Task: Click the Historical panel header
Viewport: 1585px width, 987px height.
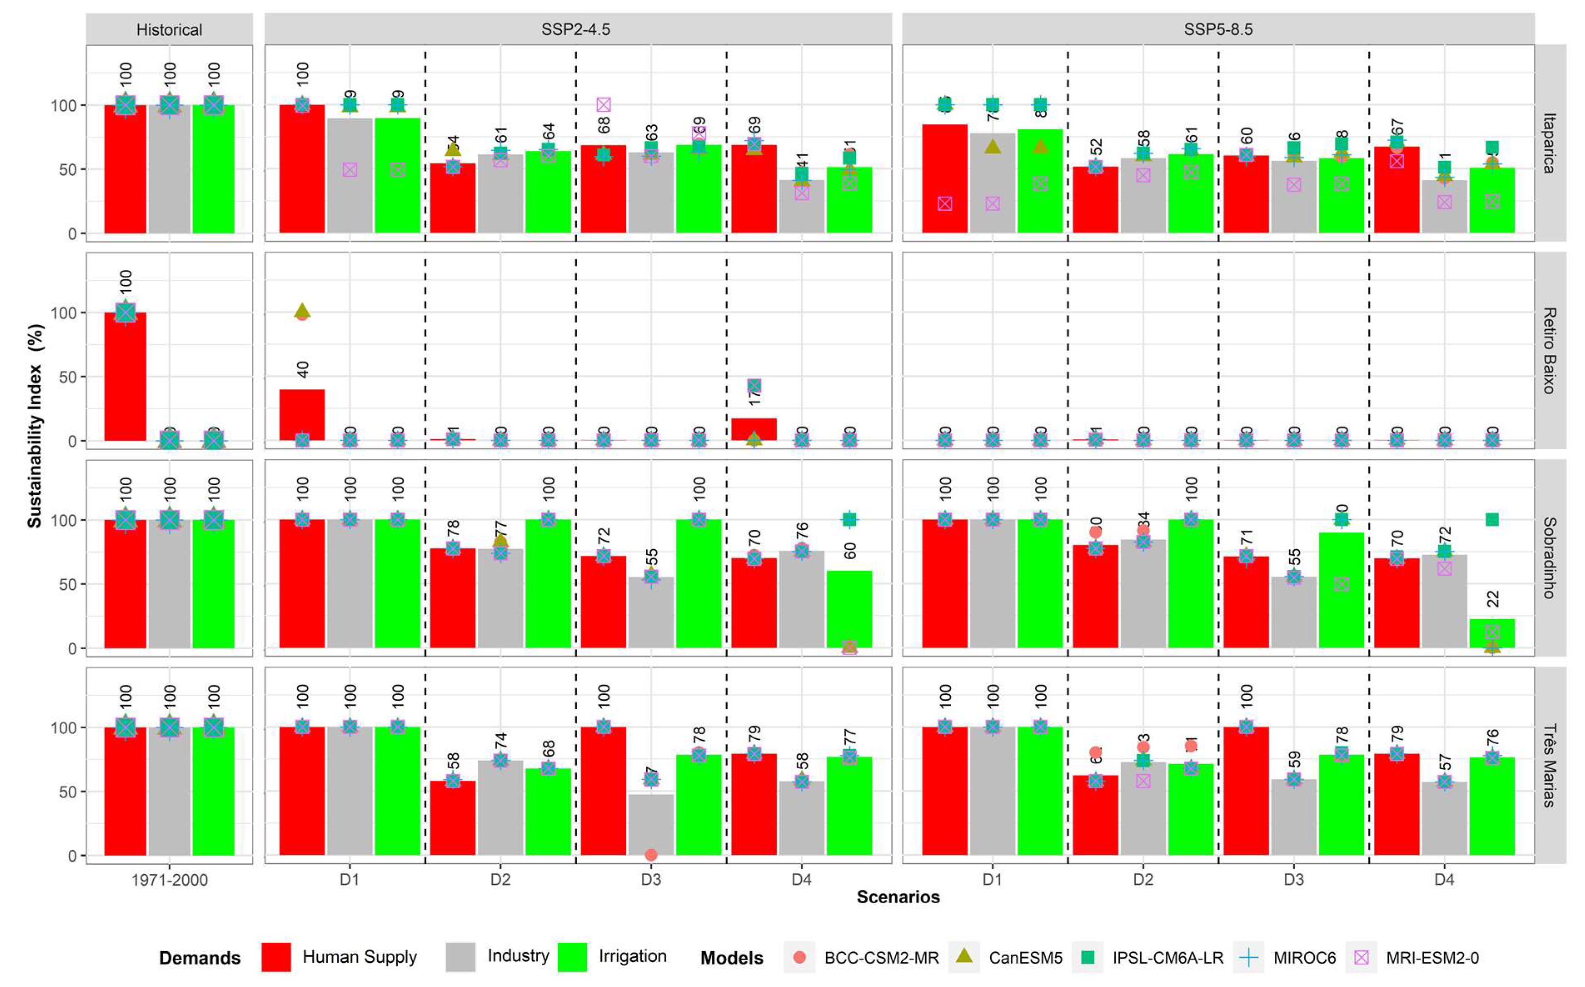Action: (x=169, y=30)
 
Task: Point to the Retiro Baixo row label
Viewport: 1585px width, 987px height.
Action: (x=1549, y=351)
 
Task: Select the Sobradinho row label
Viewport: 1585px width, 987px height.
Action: (x=1549, y=558)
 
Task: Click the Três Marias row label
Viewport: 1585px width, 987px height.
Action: (x=1549, y=765)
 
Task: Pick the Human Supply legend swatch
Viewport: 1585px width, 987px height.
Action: (x=276, y=957)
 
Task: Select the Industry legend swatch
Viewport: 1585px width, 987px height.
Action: (x=460, y=957)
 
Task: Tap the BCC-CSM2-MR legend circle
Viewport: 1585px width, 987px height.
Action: (x=799, y=957)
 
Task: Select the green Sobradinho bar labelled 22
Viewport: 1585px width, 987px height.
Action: (x=1492, y=633)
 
